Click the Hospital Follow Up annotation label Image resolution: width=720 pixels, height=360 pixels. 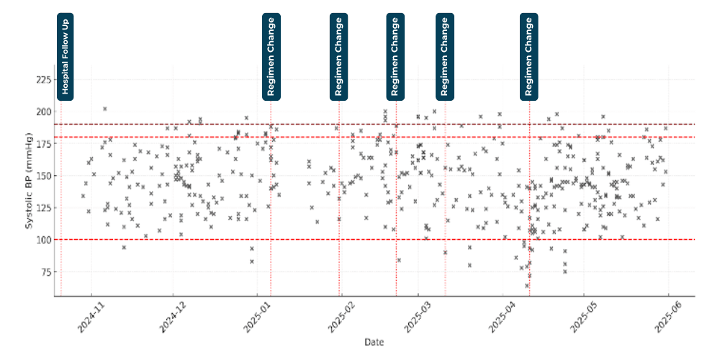[x=65, y=55]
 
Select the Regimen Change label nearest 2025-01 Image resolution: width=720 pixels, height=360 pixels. [x=271, y=55]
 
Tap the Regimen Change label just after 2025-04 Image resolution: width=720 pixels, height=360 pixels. [x=529, y=55]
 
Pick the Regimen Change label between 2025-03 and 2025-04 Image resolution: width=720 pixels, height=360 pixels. [x=445, y=55]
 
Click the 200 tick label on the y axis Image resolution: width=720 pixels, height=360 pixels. [x=42, y=112]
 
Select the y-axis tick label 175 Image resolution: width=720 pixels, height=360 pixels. [x=42, y=144]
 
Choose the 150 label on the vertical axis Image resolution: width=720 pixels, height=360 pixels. [x=42, y=176]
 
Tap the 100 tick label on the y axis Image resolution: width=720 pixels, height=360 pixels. [x=42, y=240]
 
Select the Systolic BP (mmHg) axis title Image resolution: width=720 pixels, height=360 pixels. [x=30, y=181]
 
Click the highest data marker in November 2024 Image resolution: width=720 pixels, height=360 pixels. [x=105, y=109]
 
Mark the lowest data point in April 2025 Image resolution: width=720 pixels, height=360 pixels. [x=527, y=285]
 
